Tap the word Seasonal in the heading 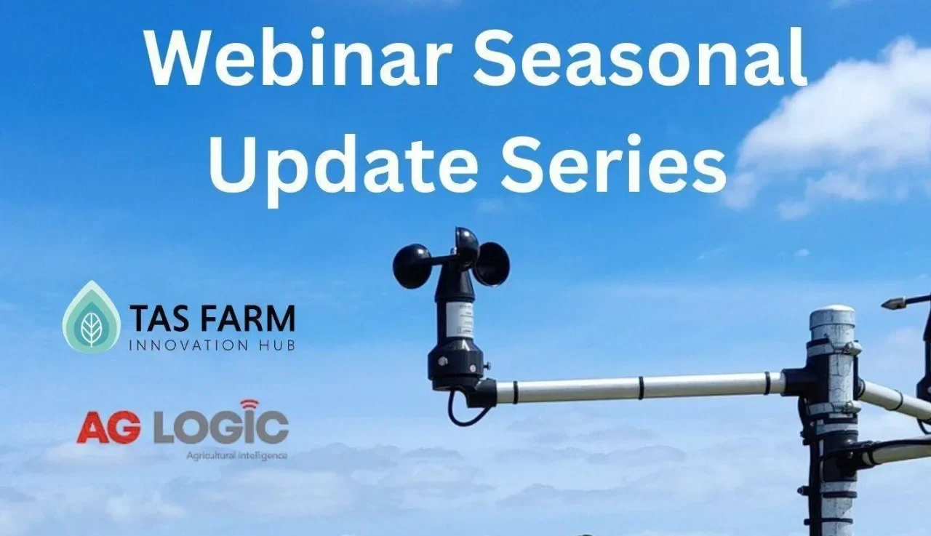(x=641, y=59)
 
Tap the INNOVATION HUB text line (x=212, y=345)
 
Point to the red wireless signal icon (x=249, y=404)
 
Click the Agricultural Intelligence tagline (x=236, y=455)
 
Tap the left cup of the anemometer (x=412, y=265)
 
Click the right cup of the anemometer (x=493, y=263)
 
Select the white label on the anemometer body (x=460, y=320)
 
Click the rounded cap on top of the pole (x=832, y=318)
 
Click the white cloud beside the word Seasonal (x=844, y=131)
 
